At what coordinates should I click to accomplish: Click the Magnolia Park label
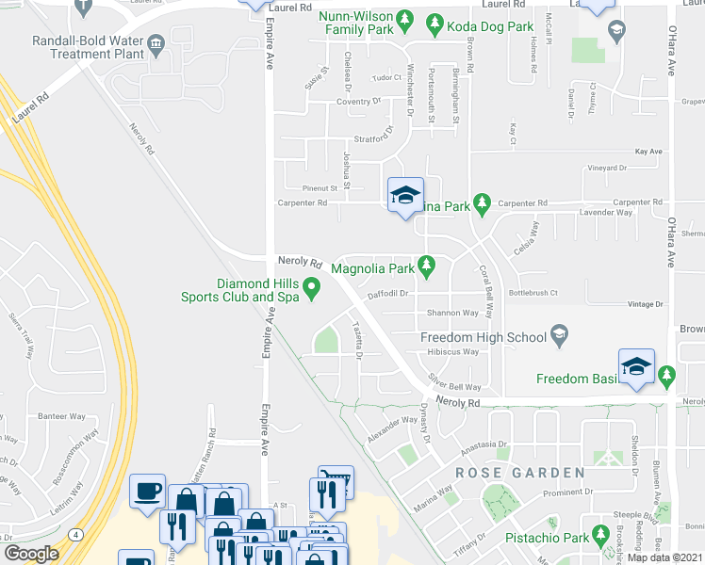[372, 268]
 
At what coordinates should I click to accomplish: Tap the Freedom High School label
[483, 337]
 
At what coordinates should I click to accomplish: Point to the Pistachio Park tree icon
[599, 540]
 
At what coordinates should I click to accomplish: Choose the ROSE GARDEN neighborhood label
[521, 472]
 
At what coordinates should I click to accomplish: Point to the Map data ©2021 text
[664, 557]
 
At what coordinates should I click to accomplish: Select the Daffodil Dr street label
[387, 293]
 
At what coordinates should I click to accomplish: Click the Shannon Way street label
[452, 313]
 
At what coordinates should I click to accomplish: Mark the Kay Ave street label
[649, 151]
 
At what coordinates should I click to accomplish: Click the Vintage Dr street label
[647, 304]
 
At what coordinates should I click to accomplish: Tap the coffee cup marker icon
[147, 491]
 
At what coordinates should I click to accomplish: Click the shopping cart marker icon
[336, 479]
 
